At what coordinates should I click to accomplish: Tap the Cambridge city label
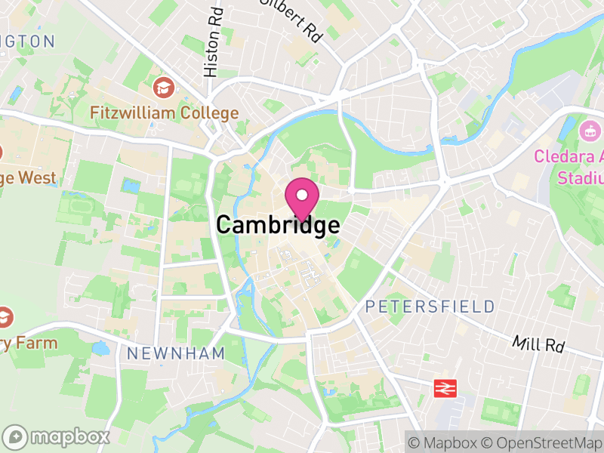(277, 225)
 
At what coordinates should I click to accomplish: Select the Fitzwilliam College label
(164, 113)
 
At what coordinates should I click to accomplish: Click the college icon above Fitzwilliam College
(162, 88)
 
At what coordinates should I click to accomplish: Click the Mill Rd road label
(538, 344)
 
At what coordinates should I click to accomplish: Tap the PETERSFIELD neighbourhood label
(430, 307)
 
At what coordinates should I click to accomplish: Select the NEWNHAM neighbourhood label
(176, 353)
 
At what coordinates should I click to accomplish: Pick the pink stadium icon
(589, 131)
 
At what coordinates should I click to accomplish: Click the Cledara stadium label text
(569, 167)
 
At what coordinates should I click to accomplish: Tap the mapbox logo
(57, 436)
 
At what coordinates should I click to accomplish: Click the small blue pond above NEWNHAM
(100, 348)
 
